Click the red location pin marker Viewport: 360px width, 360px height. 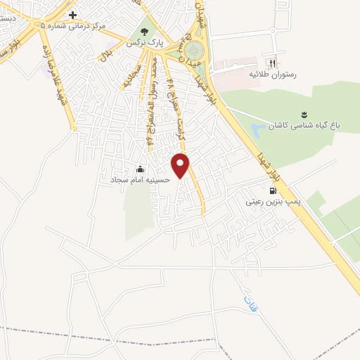[181, 165]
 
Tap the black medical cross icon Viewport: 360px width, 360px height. [72, 15]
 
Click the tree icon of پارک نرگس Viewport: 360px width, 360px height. [145, 32]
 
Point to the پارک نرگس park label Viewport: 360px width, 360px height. [145, 44]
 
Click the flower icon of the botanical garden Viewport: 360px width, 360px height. [304, 115]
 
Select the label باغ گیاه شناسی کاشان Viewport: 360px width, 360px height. [307, 127]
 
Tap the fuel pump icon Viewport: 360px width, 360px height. [272, 190]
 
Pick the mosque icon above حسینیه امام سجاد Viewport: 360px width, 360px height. [140, 169]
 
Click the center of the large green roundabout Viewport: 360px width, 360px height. [192, 51]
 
